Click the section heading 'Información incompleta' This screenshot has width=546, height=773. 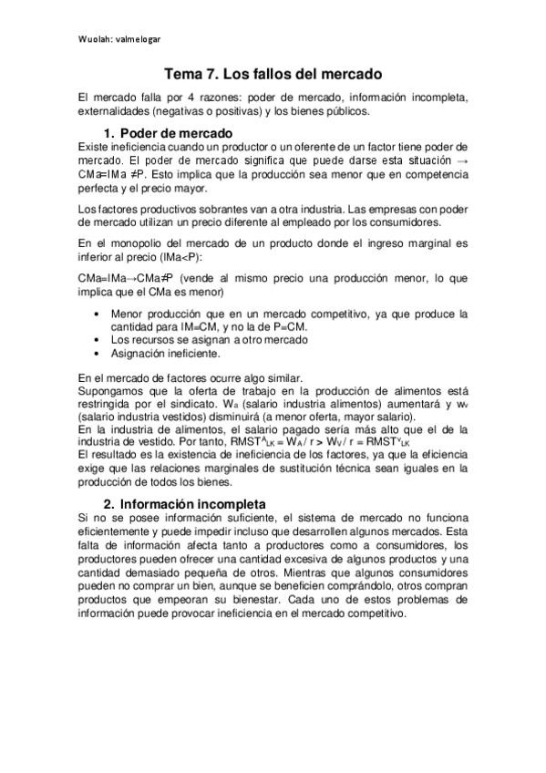[x=192, y=503]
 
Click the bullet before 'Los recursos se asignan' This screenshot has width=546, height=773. [x=98, y=339]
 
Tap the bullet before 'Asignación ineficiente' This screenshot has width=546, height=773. [x=98, y=352]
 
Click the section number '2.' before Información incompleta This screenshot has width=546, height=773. [x=108, y=503]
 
